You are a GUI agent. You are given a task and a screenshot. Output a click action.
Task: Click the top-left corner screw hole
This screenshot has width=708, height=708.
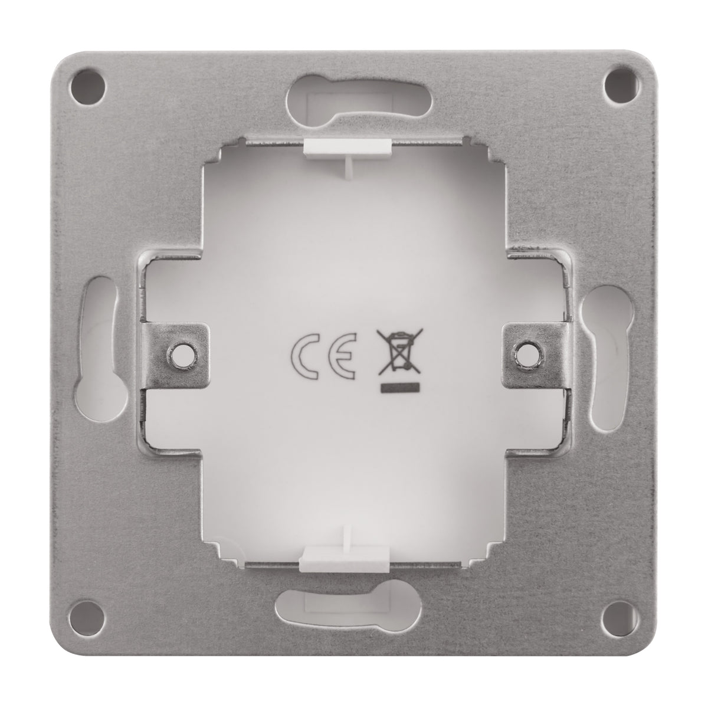pyautogui.click(x=88, y=87)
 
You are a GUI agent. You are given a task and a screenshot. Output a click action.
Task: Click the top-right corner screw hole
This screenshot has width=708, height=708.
pyautogui.click(x=621, y=87)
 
